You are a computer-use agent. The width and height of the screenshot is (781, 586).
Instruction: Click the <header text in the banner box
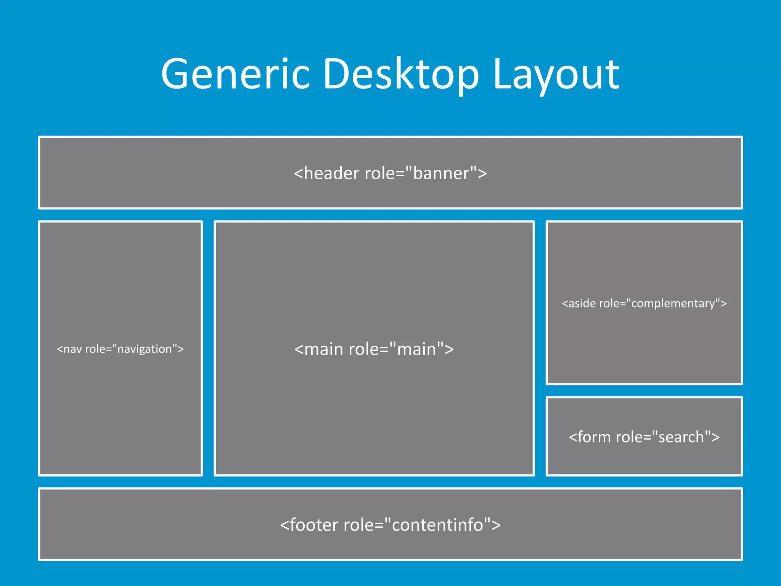pos(326,174)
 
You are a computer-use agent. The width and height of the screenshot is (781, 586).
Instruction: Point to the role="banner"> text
pos(426,174)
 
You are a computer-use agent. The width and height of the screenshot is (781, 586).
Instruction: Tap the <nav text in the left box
pos(69,349)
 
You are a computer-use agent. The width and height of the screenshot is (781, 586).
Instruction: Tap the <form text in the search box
pos(590,437)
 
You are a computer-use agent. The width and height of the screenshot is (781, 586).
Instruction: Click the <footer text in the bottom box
pos(309,525)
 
